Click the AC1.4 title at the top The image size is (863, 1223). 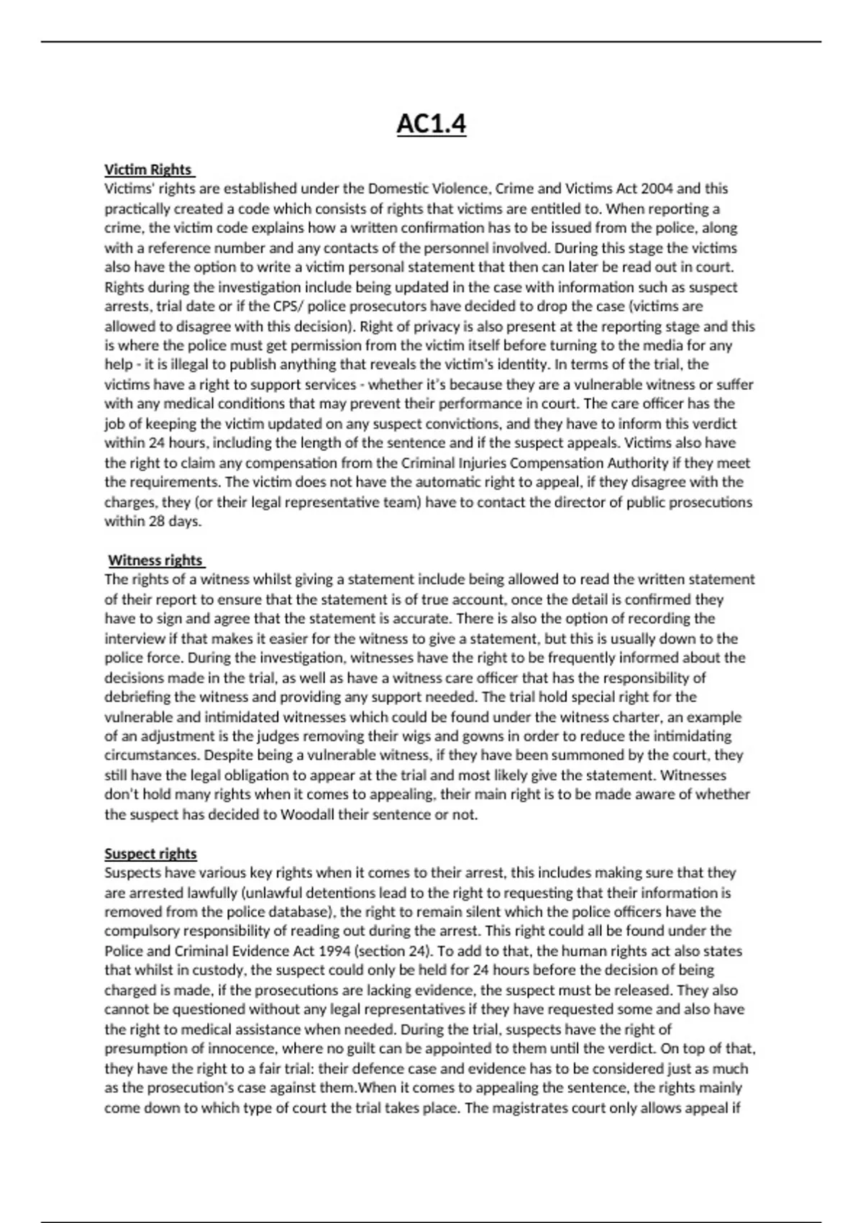point(431,124)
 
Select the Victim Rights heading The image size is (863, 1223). point(148,170)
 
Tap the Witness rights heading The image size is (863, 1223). point(155,560)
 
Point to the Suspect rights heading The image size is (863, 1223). point(150,854)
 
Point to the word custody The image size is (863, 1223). point(214,970)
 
